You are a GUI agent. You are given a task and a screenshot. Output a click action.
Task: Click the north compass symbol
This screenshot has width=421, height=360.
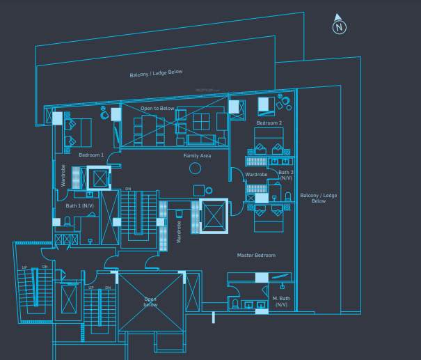click(x=339, y=26)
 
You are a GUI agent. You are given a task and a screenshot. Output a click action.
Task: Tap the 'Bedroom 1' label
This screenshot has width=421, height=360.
click(x=90, y=155)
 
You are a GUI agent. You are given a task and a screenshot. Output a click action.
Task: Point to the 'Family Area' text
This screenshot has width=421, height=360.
click(x=197, y=155)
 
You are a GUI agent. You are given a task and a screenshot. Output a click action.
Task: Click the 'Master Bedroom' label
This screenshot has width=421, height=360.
click(x=256, y=256)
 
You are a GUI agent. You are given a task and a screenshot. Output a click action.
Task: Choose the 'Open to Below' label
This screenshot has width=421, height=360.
click(x=157, y=109)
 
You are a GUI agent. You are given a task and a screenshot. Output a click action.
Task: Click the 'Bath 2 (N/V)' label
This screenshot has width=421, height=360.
click(x=286, y=175)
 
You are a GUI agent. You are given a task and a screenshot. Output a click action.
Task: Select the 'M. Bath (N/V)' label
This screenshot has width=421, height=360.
click(x=281, y=301)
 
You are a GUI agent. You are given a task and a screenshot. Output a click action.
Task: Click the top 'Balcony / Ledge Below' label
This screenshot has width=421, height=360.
click(x=156, y=73)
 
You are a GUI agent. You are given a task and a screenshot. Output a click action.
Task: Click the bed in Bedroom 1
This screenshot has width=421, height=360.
click(x=76, y=131)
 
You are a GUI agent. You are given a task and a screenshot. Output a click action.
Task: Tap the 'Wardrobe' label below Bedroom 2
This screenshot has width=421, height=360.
click(x=256, y=174)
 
